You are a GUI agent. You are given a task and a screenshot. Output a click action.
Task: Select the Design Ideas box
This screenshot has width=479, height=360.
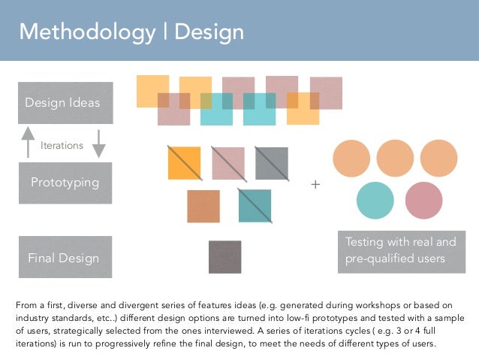click(x=65, y=103)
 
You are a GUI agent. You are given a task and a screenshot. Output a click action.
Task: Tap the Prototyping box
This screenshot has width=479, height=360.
click(x=65, y=183)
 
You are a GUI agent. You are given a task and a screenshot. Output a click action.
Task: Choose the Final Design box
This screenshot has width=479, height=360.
click(x=65, y=258)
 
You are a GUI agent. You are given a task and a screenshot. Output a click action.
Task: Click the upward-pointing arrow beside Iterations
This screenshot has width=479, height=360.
click(x=28, y=141)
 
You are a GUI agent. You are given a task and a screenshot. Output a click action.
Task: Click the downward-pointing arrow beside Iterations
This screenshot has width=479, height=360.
click(x=98, y=143)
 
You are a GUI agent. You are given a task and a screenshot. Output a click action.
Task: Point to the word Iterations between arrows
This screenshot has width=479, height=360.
click(x=62, y=146)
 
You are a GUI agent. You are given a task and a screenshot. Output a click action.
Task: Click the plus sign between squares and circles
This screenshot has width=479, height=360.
click(x=315, y=184)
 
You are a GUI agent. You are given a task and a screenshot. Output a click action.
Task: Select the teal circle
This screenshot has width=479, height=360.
click(x=375, y=200)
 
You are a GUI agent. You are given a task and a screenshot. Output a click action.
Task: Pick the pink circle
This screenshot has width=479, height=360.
click(x=423, y=200)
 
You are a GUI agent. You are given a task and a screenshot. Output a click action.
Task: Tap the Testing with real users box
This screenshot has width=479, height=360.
click(x=401, y=250)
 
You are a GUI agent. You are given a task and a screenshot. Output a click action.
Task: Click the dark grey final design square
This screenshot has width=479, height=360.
click(x=224, y=257)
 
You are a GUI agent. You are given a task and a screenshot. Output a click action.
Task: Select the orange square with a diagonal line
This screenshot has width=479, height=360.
click(x=184, y=162)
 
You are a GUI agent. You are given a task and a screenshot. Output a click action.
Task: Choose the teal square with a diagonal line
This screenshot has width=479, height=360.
click(x=255, y=205)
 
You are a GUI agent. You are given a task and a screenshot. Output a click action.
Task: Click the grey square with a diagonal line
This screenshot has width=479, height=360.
click(x=271, y=162)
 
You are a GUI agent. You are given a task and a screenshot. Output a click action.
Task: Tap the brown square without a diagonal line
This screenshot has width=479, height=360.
click(x=203, y=206)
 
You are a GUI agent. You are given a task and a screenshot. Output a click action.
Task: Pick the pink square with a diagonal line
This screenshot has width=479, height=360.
click(x=227, y=162)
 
